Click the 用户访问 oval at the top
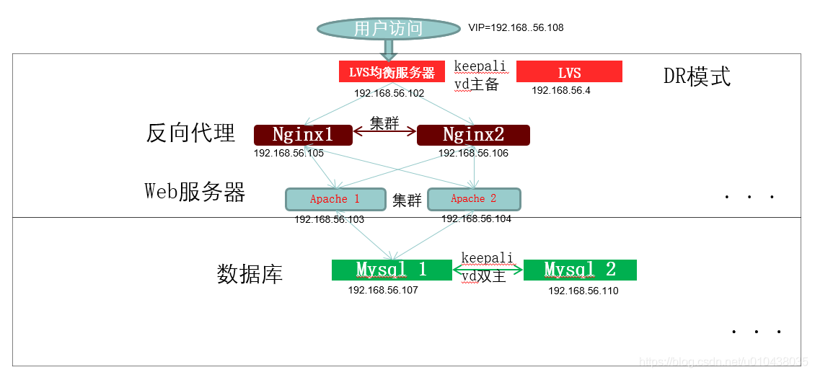coord(388,29)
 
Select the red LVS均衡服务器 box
coord(392,72)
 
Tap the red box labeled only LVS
coord(569,72)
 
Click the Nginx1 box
coord(303,135)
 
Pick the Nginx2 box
coord(473,135)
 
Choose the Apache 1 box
coord(334,199)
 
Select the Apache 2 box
coord(474,198)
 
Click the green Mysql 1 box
coord(392,270)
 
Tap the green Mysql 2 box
coord(580,270)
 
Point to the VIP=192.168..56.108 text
coord(516,28)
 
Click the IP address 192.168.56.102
coord(389,93)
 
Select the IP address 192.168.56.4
coord(561,90)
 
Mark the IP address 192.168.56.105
coord(288,153)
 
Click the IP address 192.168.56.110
coord(583,291)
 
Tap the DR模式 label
coord(697,76)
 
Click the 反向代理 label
coord(190,133)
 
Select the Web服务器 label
coord(195,191)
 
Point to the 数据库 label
coord(250,274)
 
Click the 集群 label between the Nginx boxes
coord(384,123)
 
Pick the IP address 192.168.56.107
coord(383,290)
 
